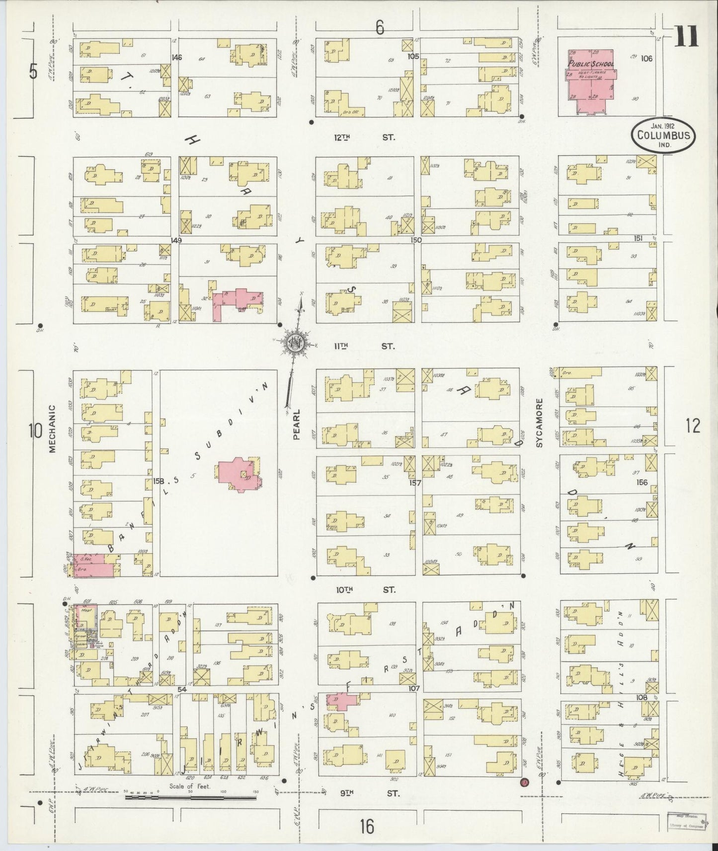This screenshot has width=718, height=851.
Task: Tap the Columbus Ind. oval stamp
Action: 663,135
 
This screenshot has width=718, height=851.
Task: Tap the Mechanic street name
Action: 53,427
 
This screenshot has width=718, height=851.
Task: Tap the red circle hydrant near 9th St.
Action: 523,783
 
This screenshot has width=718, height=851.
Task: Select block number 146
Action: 176,58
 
